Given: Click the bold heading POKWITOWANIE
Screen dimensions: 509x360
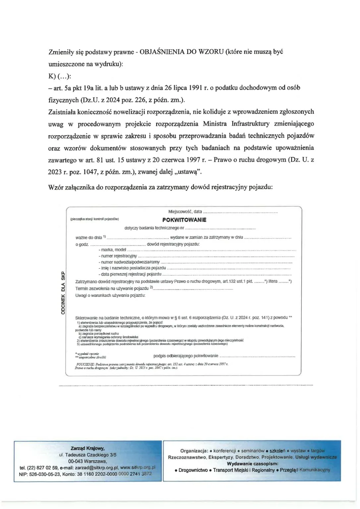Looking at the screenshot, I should pos(184,220).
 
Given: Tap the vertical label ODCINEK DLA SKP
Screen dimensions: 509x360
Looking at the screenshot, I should pos(63,293).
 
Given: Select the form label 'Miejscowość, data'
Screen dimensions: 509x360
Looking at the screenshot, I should pos(185,211).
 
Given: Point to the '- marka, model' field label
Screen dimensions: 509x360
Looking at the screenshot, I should pos(112,250).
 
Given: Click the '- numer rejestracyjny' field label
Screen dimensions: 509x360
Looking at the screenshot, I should pos(118,256).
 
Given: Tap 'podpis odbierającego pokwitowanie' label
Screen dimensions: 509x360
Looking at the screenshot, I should pos(186,356).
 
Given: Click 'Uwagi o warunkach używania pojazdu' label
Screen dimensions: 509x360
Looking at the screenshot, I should pos(110,295).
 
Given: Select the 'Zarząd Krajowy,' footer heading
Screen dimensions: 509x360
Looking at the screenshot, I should pos(88,448).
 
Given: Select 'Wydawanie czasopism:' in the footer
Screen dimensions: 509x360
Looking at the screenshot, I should pos(253,464).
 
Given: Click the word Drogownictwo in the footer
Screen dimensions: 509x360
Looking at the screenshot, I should pos(193,470).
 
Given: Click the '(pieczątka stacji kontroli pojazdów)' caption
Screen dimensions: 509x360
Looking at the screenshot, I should pos(94,219).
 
